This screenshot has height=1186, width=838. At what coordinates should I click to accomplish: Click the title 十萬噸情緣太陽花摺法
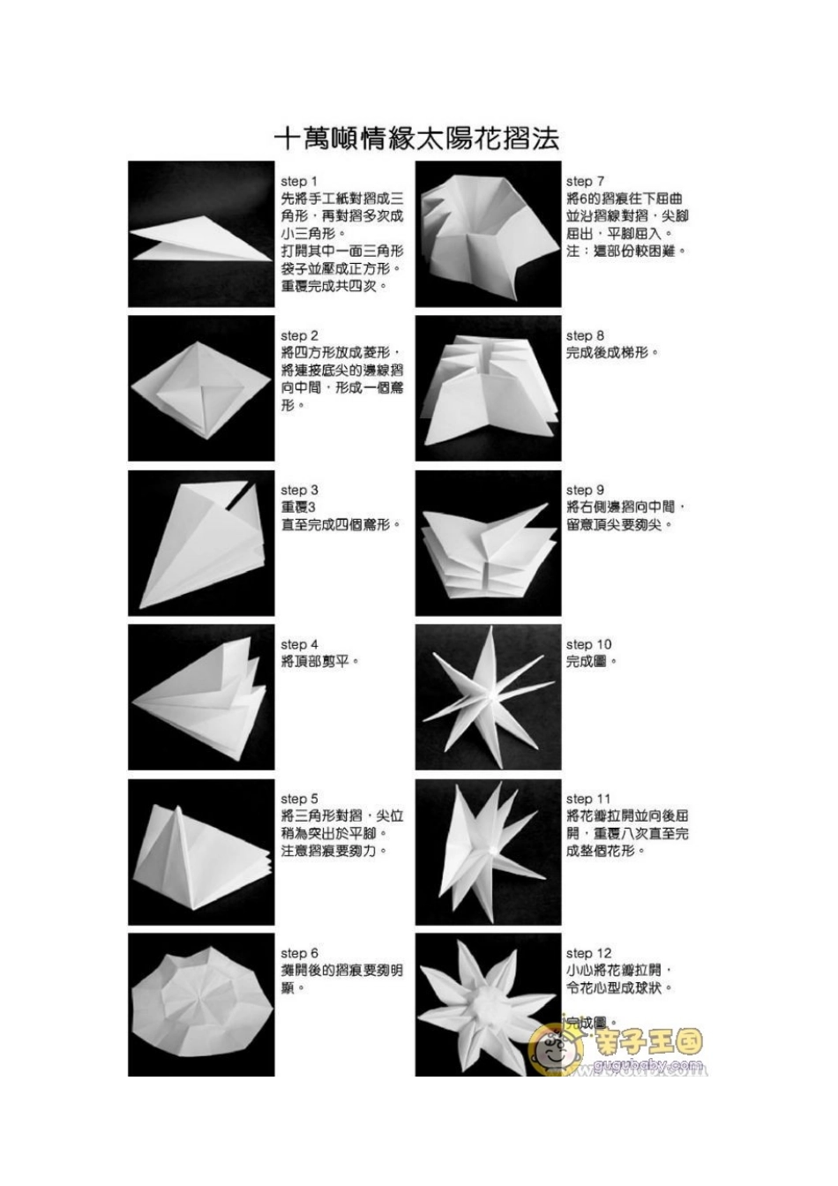coord(416,139)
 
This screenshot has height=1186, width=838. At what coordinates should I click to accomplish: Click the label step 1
coord(299,182)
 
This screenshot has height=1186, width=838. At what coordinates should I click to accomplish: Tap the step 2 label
coord(299,336)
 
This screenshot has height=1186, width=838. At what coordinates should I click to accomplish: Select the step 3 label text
coord(299,491)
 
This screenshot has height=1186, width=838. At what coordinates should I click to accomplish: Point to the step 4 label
coord(299,645)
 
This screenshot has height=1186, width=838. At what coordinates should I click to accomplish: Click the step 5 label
coord(299,799)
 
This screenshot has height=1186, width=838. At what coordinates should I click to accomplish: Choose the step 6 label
coord(299,954)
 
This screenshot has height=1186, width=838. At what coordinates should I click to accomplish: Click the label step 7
coord(585,182)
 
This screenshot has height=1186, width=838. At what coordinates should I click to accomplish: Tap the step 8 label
coord(585,336)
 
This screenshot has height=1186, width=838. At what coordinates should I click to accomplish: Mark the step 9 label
coord(585,491)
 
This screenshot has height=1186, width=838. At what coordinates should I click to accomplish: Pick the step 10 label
coord(588,645)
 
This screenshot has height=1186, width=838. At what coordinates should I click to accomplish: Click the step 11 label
coord(587,799)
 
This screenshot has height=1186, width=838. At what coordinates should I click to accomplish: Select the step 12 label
coord(588,954)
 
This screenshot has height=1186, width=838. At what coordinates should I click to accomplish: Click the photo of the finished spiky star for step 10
coord(488,697)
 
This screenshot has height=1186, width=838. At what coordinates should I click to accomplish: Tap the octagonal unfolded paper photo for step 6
coord(201,1004)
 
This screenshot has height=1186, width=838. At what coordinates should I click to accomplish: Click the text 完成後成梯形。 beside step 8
coord(612,353)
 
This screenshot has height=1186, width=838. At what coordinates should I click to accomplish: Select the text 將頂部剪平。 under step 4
coord(320,662)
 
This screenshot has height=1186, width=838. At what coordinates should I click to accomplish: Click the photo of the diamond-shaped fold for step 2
coord(201,388)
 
